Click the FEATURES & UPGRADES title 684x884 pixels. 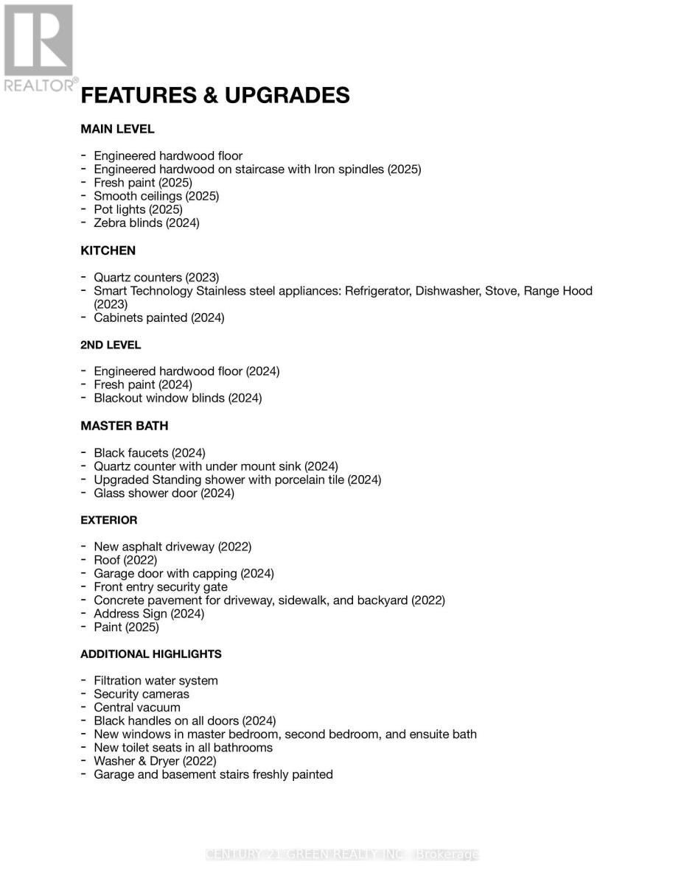point(214,96)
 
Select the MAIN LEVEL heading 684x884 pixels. point(117,129)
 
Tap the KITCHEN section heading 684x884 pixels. point(108,250)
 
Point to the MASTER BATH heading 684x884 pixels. point(124,426)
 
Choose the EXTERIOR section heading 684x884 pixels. point(108,520)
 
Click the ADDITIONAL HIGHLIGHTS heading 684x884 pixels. point(150,654)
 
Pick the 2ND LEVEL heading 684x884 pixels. point(111,345)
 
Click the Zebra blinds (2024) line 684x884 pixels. point(146,222)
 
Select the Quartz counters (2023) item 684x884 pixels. point(156,278)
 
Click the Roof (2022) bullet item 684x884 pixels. point(125,560)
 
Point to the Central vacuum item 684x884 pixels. point(136,707)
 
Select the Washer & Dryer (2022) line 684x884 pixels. point(155,761)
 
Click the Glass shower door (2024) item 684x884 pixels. point(164,493)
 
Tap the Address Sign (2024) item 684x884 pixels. point(148,614)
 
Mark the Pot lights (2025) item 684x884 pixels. point(138,209)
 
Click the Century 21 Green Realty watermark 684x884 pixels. point(342,855)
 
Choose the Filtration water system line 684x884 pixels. point(156,681)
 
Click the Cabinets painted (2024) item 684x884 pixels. point(158,318)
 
